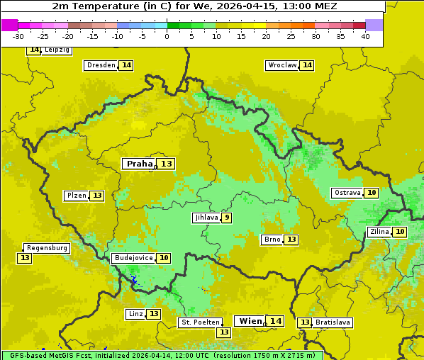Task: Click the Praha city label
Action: coord(139,164)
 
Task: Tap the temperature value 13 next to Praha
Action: coord(167,164)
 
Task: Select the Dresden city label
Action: coord(101,65)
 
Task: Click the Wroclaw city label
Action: coord(281,65)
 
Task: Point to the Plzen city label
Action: coord(76,196)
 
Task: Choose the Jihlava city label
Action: coord(206,218)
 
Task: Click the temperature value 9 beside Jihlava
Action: coord(227,218)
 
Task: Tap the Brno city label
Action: coord(272,240)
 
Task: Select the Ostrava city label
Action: coord(347,193)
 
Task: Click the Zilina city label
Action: coord(379,232)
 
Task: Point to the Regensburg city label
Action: coord(47,248)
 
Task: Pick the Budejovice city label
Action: coord(133,258)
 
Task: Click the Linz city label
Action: coord(135,314)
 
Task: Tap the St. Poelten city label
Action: coord(200,322)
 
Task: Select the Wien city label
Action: coord(250,321)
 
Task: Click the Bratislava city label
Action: coord(333,322)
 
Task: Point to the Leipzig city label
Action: coord(57,50)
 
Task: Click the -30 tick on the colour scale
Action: coord(18,35)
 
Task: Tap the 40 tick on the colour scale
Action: coord(365,35)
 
